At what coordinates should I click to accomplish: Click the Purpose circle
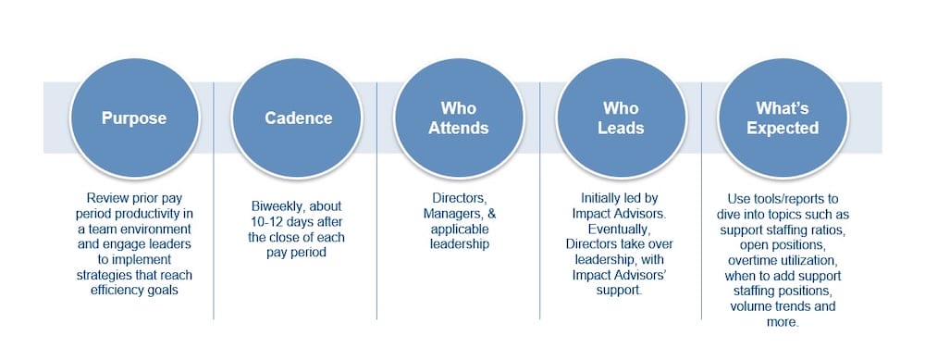(134, 118)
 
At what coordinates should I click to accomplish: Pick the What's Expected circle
(783, 118)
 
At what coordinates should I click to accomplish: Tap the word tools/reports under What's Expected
(786, 196)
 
